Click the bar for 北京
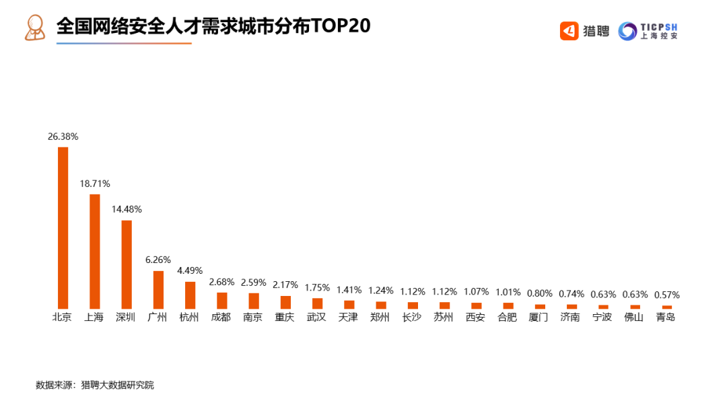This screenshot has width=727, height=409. (63, 228)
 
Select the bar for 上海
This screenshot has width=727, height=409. (95, 252)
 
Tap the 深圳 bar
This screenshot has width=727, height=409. (127, 264)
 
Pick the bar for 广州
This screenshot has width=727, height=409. (158, 290)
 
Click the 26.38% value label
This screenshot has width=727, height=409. (63, 137)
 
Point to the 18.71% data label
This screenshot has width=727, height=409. (95, 184)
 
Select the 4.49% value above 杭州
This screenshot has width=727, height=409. (190, 270)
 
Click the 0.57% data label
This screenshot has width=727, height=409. (666, 295)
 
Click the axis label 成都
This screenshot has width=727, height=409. (221, 317)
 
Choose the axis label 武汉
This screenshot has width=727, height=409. (316, 317)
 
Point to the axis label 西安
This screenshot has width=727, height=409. (475, 317)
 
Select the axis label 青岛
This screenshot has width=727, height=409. (666, 317)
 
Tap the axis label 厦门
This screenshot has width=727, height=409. (539, 317)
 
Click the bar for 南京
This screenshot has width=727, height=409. (254, 301)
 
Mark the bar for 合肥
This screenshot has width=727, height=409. (508, 305)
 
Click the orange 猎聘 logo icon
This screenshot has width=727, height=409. (569, 31)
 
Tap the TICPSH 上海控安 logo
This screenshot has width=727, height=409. (648, 31)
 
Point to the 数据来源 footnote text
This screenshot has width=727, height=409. (95, 385)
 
